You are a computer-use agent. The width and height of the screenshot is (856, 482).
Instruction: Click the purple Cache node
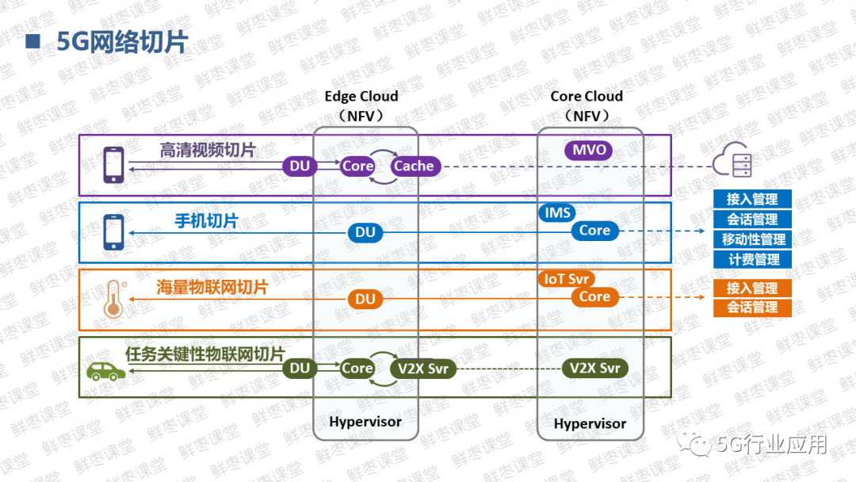(x=415, y=166)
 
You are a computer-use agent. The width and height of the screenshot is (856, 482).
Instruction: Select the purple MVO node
(x=588, y=150)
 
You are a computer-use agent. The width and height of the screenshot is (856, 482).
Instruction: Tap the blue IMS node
(x=557, y=212)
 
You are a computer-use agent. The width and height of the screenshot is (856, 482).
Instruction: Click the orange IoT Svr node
(x=566, y=279)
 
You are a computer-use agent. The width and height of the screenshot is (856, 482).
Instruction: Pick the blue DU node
(x=365, y=232)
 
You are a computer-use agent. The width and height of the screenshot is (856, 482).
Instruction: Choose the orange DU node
(x=365, y=299)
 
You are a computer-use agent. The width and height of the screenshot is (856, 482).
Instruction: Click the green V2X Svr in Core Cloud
(x=594, y=369)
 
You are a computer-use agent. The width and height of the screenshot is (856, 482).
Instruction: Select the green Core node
(x=357, y=369)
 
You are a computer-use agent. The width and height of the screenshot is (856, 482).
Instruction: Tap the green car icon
(x=106, y=371)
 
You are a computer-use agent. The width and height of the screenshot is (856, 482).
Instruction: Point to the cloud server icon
(x=732, y=160)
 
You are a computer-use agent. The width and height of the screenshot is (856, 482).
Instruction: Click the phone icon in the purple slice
(x=113, y=164)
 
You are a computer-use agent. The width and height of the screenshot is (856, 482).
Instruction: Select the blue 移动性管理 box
(x=752, y=239)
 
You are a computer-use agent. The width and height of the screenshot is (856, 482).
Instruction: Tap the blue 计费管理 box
(x=752, y=259)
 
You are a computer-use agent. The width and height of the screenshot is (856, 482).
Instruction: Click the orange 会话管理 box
(x=752, y=308)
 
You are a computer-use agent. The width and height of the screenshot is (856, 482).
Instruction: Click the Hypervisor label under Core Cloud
(x=590, y=424)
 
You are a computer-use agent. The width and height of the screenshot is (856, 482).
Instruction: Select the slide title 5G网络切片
(x=122, y=42)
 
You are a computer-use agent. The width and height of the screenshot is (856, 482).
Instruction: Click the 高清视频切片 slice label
(x=208, y=150)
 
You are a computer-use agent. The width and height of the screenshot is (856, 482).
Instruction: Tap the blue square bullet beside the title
(x=32, y=41)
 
